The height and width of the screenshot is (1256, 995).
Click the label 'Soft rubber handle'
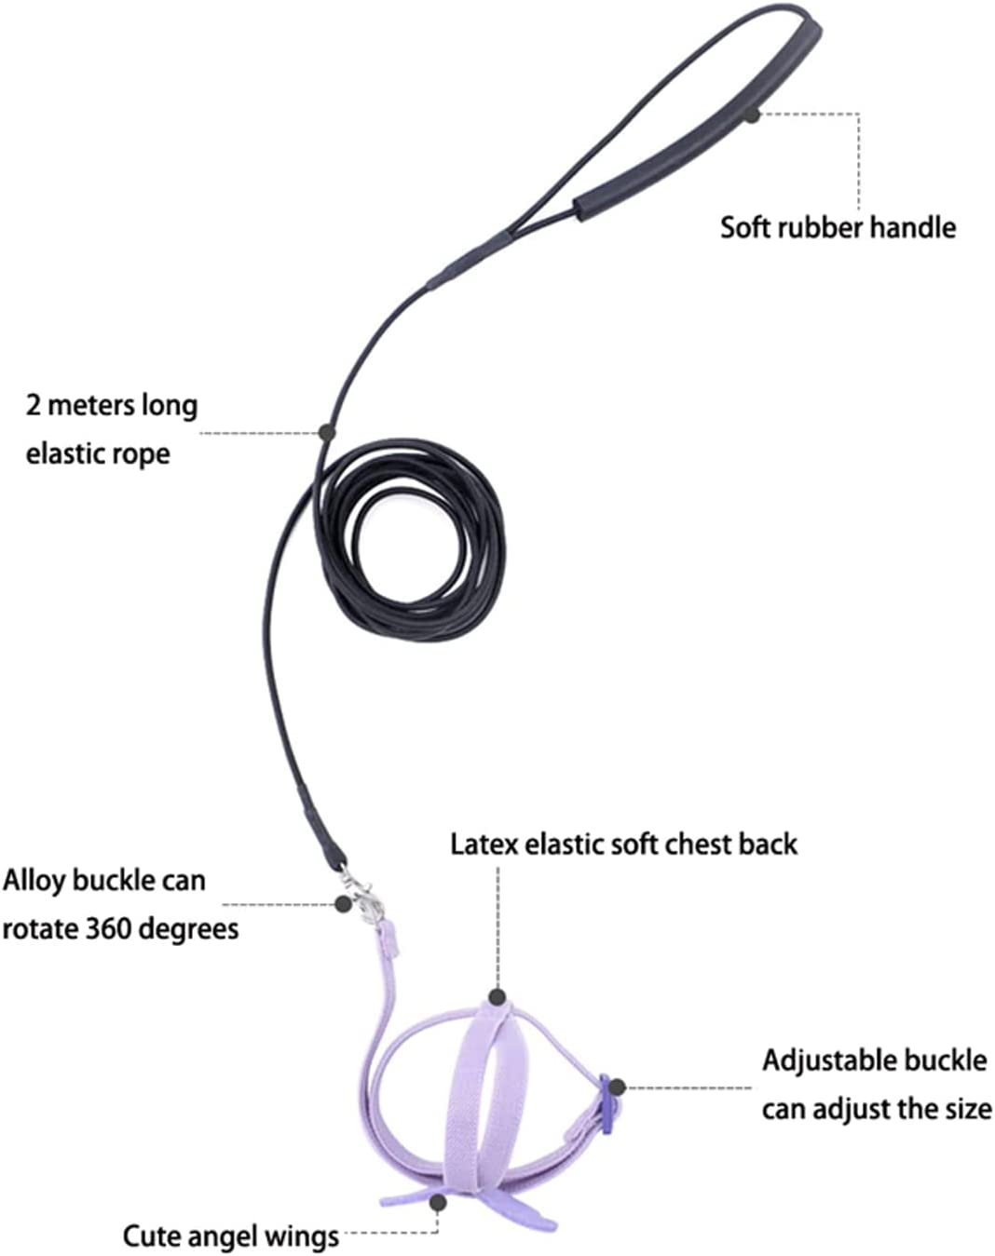tap(838, 227)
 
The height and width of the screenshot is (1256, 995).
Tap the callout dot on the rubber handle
tap(752, 115)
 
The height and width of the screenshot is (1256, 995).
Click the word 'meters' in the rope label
tap(91, 405)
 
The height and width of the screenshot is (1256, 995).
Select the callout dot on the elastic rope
tap(326, 432)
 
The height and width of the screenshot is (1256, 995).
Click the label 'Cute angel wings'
tap(231, 1236)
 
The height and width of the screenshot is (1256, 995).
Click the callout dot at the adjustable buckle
tap(617, 1087)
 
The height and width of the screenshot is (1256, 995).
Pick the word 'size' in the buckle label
tap(965, 1109)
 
